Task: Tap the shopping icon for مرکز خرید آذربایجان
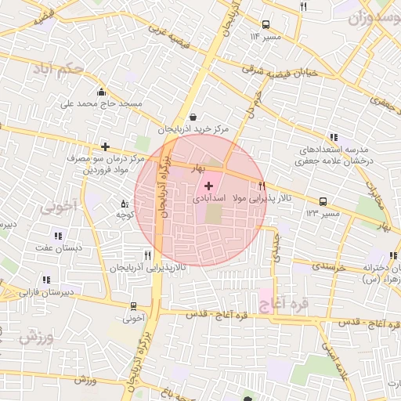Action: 193,117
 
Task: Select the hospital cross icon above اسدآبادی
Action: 208,186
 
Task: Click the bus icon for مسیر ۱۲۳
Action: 323,200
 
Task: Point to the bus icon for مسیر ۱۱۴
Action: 266,24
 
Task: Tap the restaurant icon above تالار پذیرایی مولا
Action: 262,186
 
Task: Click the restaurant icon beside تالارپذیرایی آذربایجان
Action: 147,255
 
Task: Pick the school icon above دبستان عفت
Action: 57,235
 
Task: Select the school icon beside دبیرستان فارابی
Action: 47,280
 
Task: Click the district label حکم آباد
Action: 57,69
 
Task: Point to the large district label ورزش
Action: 37,337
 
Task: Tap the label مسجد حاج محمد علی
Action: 103,103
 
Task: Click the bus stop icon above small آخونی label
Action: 134,306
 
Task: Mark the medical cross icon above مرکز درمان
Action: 105,146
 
